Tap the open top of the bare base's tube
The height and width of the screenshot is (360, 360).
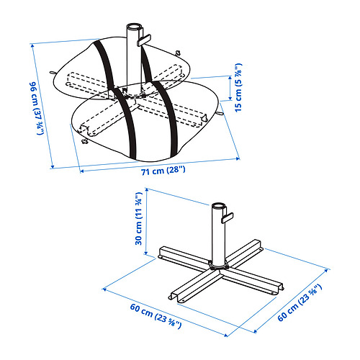pyautogui.click(x=217, y=204)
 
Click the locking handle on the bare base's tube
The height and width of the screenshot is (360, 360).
pyautogui.click(x=229, y=217)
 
